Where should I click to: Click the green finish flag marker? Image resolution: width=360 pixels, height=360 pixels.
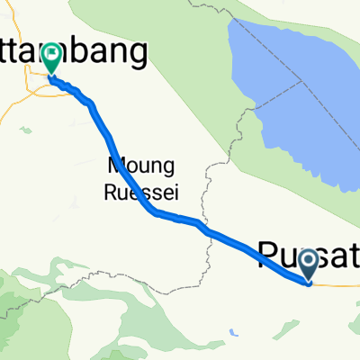point(49,58)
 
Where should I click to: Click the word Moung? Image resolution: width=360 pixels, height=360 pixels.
point(132,166)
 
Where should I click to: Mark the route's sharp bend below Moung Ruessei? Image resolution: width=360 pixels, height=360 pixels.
point(155,212)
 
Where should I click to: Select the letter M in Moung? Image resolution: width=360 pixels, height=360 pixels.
point(115,166)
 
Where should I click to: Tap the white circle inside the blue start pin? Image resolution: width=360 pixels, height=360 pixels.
point(309,260)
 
